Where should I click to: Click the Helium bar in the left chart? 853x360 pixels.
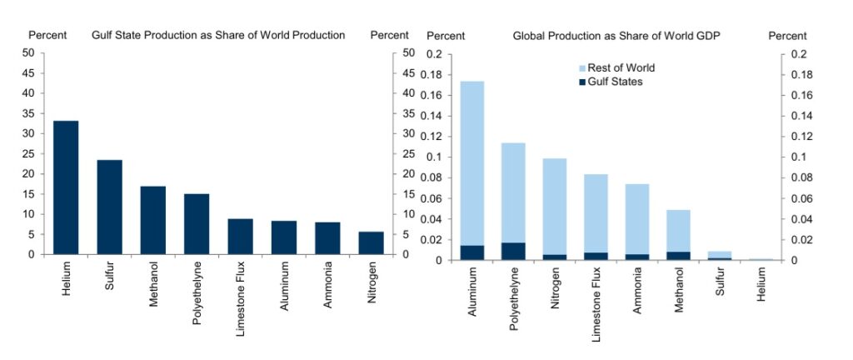tap(66, 187)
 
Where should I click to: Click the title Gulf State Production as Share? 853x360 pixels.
tap(217, 35)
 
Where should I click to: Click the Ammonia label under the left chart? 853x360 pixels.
tap(327, 287)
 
